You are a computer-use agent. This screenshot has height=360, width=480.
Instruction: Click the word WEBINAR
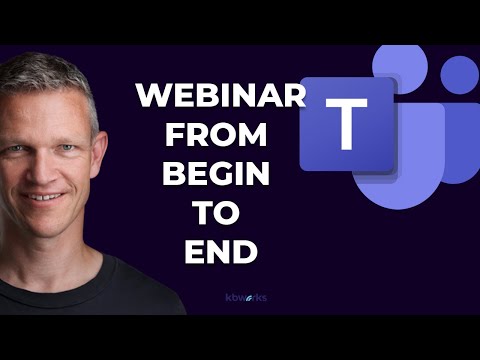(x=219, y=97)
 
